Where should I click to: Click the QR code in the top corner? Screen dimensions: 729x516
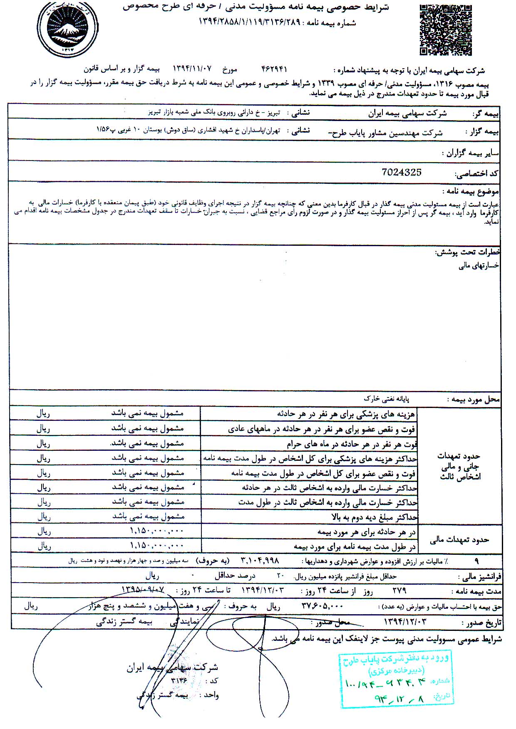click(445, 30)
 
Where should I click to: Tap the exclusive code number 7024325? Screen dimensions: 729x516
click(401, 172)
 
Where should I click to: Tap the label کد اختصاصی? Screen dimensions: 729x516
click(478, 175)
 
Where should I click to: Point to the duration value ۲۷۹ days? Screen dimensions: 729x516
click(399, 591)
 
